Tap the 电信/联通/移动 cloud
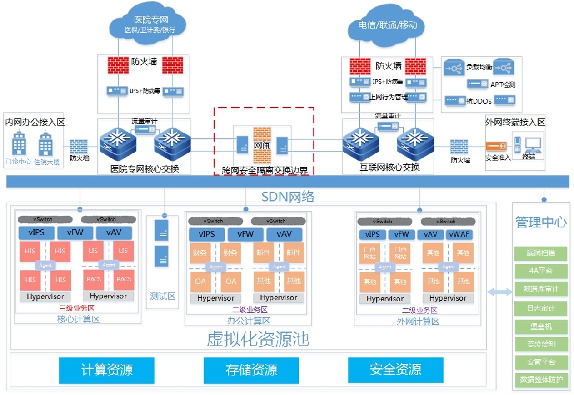[387, 25]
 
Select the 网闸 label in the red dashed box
[261, 146]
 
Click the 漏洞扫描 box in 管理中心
[541, 253]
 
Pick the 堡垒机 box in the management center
[541, 326]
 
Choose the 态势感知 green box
[541, 344]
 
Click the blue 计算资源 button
[107, 370]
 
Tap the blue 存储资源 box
[251, 370]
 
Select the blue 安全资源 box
[395, 370]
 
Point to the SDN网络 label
[288, 196]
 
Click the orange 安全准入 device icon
[496, 147]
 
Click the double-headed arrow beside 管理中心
[499, 292]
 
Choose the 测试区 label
[163, 296]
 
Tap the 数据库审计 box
[541, 289]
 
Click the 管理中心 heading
[541, 222]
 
